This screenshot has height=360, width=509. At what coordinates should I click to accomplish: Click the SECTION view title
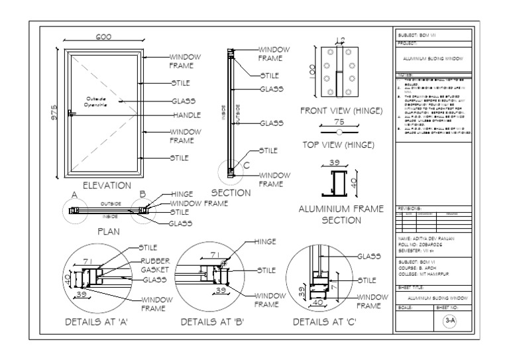click(228, 194)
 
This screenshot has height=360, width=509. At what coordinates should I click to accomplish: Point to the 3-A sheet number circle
click(448, 322)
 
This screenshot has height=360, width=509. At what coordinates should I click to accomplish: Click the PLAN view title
click(108, 232)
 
